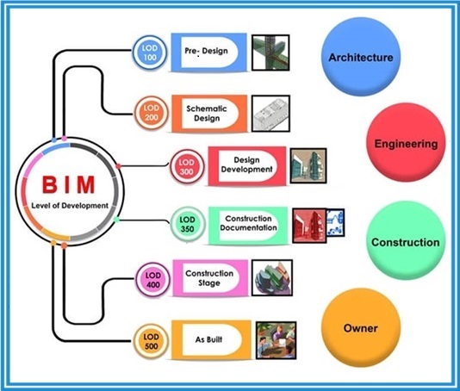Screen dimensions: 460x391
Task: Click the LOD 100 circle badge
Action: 150,53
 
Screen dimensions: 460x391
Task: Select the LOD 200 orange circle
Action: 151,113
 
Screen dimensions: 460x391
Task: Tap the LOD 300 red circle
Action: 187,167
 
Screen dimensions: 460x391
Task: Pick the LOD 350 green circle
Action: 188,225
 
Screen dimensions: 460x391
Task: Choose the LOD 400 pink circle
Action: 153,280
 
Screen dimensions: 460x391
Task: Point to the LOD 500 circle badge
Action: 151,341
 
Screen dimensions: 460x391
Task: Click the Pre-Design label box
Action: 208,53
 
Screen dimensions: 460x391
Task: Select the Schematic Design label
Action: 209,114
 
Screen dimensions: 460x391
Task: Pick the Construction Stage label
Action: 210,278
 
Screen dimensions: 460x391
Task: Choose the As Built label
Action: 211,339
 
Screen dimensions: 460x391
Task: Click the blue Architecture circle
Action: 361,57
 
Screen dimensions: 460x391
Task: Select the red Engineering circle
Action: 406,142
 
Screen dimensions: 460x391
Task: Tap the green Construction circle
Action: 406,240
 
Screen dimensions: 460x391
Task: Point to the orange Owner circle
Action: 361,327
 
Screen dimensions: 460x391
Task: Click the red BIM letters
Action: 69,185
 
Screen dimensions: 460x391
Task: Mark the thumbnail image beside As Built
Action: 276,340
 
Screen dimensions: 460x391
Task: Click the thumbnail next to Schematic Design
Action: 270,114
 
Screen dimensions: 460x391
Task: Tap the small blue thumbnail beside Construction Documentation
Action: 335,222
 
